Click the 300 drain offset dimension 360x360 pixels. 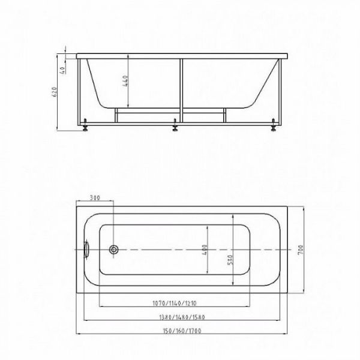94,198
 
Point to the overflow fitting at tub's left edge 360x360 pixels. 86,248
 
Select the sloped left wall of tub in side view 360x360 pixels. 96,84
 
